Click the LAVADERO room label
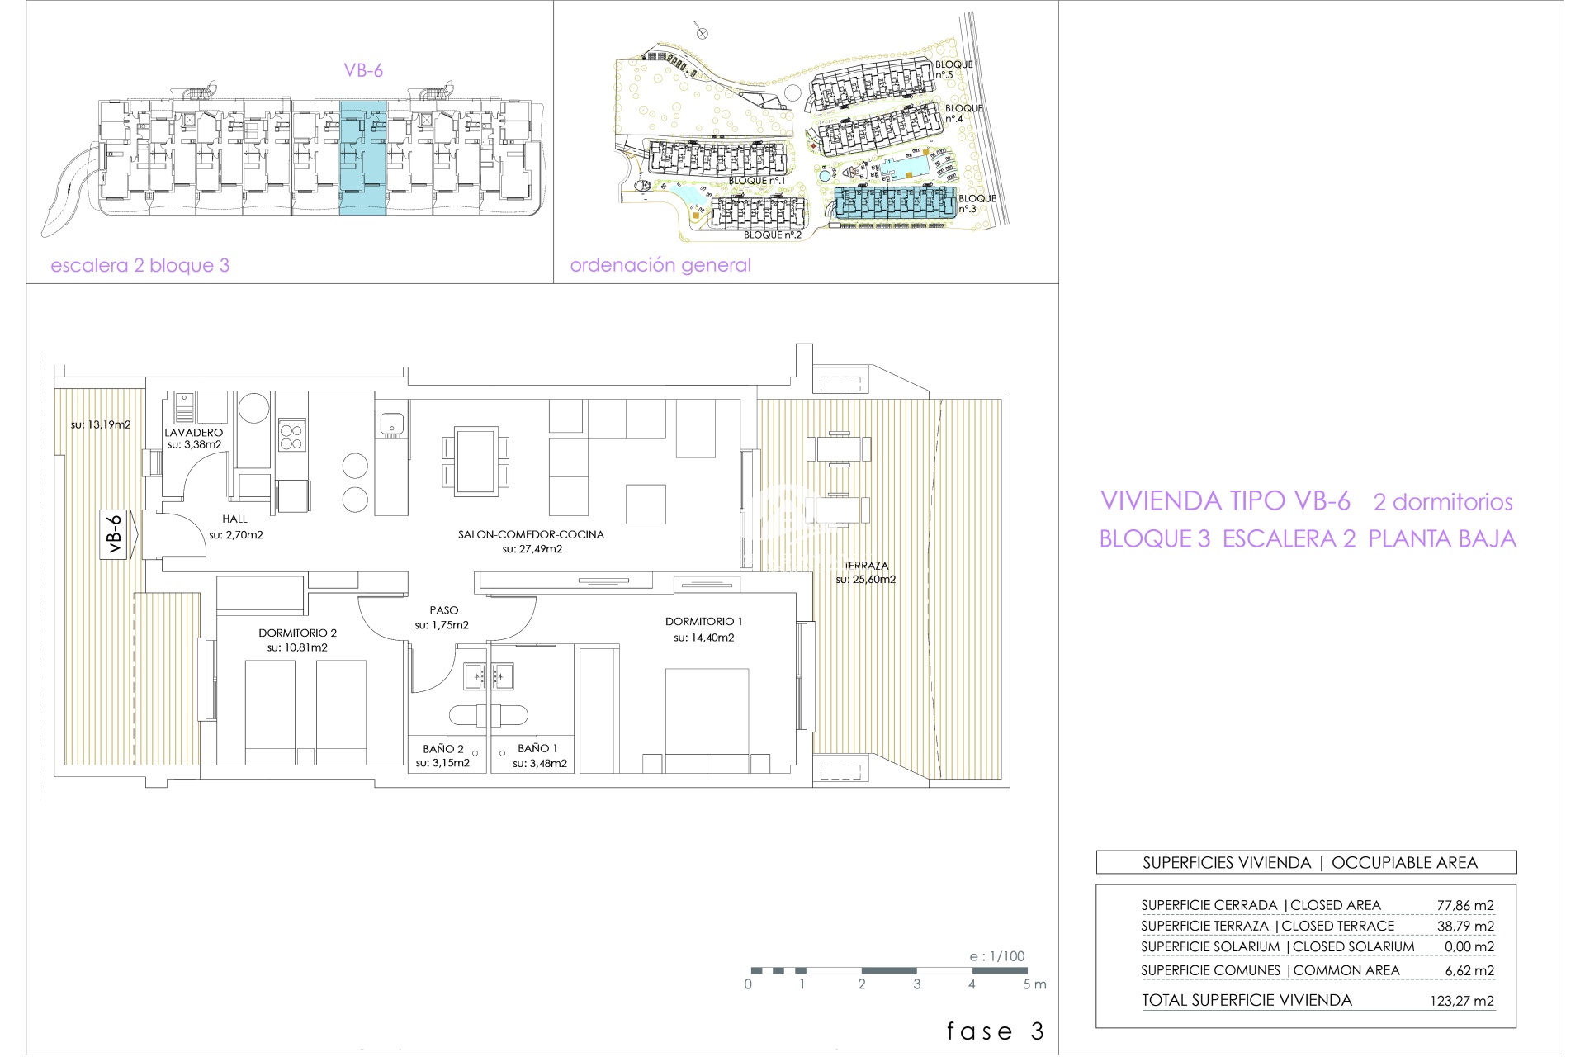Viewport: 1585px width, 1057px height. point(193,432)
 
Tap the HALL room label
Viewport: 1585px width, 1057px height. point(234,519)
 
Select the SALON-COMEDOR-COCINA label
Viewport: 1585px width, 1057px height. point(531,534)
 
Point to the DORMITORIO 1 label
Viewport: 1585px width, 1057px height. point(704,621)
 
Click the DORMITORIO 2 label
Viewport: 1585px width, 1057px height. point(297,633)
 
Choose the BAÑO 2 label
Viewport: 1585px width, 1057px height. point(443,749)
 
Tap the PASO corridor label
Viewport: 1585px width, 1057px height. point(443,610)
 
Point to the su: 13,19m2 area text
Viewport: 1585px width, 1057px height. point(101,424)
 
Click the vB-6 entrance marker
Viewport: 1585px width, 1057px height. point(115,534)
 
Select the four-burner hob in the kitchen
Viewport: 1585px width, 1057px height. point(291,435)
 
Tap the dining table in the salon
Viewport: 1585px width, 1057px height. point(475,461)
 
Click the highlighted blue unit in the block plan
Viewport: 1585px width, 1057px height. point(363,158)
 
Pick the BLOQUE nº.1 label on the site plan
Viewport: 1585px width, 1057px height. point(756,181)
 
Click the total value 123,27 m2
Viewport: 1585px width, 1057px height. point(1462,1001)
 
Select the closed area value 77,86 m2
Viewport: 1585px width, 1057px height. point(1465,905)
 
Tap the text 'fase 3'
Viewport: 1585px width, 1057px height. point(996,1031)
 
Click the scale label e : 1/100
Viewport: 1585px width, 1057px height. point(997,956)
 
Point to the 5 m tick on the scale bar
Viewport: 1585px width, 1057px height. point(1028,971)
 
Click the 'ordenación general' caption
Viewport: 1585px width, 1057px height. point(660,265)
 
